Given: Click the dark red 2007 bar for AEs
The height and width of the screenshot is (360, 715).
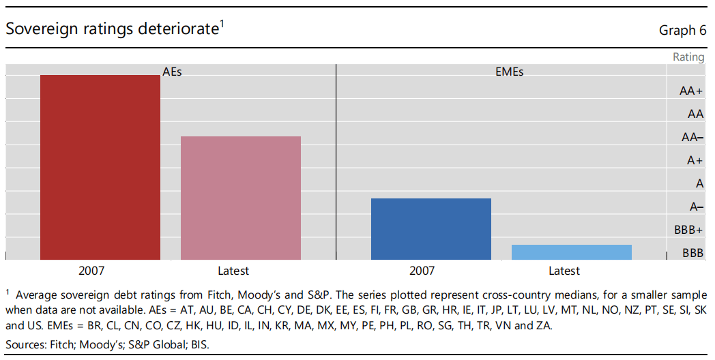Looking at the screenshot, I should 100,167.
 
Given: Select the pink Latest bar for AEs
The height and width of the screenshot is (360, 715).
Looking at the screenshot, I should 241,198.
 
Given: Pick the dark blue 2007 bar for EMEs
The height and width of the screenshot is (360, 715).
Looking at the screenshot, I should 431,228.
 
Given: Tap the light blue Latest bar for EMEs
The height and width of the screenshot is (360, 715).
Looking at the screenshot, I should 571,252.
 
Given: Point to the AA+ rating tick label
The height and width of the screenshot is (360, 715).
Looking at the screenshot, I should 691,91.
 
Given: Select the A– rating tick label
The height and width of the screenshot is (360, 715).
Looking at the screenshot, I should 696,207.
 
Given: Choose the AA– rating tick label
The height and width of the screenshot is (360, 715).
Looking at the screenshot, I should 692,137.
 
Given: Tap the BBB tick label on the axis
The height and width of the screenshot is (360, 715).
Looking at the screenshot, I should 693,253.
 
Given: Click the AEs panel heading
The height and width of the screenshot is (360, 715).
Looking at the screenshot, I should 172,71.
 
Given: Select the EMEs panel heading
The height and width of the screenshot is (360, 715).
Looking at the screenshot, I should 509,71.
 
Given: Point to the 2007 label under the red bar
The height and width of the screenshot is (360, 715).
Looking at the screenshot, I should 92,271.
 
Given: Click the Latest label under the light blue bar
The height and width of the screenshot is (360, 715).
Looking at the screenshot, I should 564,271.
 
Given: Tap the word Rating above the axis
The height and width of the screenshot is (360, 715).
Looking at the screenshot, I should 688,57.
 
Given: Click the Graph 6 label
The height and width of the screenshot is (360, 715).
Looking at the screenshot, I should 682,30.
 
